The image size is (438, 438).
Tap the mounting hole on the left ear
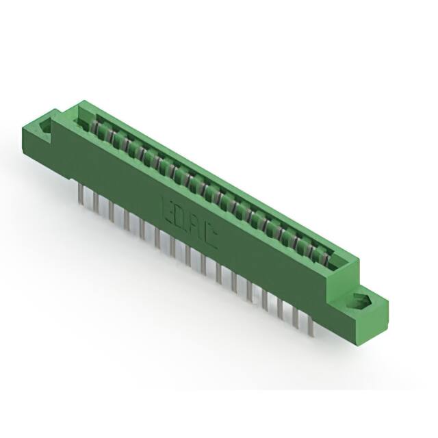(x=47, y=127)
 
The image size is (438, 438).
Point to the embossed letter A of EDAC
(x=195, y=227)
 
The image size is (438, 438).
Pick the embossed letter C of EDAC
(x=209, y=237)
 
